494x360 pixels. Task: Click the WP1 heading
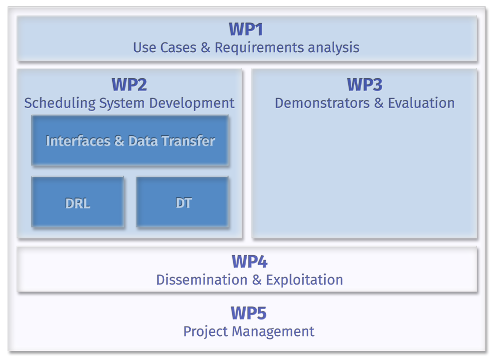coord(246,29)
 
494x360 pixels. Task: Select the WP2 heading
coord(129,85)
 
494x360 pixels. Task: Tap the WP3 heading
coord(365,85)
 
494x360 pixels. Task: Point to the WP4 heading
coord(249,262)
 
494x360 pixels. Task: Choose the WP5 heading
coord(248,313)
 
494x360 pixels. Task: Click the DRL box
coord(78,203)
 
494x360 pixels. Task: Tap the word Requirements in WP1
coord(259,48)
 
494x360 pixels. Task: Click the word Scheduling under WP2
coord(60,103)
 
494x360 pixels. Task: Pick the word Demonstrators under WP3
coord(322,103)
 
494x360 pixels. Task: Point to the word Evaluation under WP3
coord(421,103)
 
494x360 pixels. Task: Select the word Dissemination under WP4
coord(202,280)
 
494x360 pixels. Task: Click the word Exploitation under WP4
coord(304,280)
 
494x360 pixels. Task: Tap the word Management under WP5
coord(273,332)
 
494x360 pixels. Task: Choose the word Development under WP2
coord(192,103)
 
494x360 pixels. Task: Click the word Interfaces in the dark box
coord(78,141)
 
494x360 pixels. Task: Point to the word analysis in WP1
coord(333,48)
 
